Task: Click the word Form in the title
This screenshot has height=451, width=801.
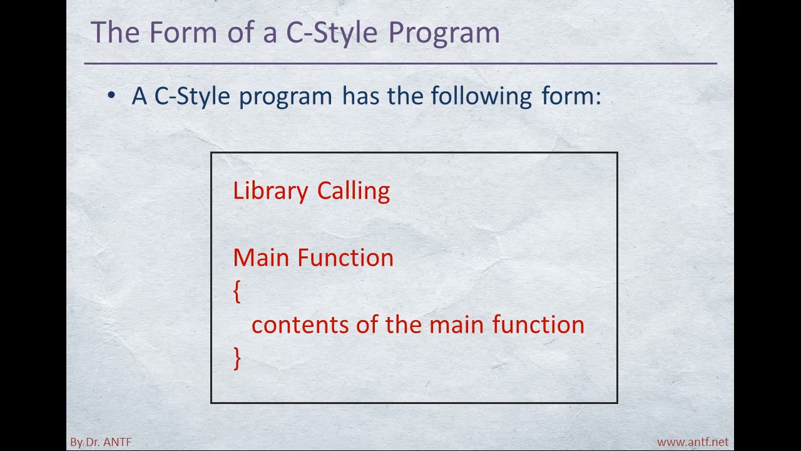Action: pos(183,32)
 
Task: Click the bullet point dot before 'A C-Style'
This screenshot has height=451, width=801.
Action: pos(111,95)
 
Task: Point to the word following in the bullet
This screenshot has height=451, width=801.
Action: pos(481,96)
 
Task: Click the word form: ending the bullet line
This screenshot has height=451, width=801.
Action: pos(571,95)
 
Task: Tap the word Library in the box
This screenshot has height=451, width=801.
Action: pos(270,192)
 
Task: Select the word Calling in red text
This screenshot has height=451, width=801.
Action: pos(354,192)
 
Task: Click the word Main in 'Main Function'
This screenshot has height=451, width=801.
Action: pos(261,257)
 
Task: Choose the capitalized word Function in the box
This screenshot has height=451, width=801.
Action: pos(345,257)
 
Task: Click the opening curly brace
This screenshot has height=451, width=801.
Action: pos(237,291)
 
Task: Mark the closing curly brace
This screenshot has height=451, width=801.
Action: pos(237,358)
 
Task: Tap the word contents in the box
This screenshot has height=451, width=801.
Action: pos(300,325)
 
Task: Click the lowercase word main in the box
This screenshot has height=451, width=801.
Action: pos(456,325)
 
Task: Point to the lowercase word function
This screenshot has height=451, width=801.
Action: pos(538,324)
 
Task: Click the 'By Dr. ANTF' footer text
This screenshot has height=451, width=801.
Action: pos(101,442)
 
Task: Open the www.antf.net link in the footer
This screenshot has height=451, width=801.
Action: pos(692,442)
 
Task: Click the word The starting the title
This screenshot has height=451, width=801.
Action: pos(115,32)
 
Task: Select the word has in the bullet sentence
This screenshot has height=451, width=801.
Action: pos(360,96)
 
